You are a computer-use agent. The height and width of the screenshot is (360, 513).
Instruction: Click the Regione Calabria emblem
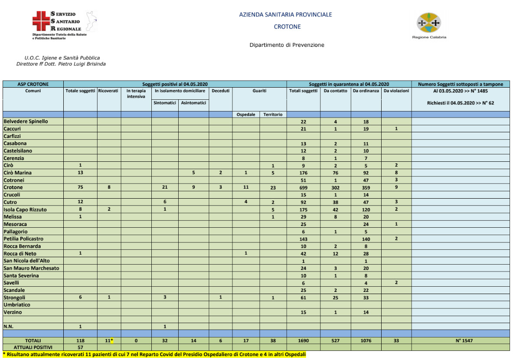[x=429, y=23]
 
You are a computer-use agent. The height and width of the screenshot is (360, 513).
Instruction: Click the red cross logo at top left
[x=41, y=21]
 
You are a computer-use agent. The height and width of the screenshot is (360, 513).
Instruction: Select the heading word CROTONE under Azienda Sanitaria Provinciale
[x=287, y=26]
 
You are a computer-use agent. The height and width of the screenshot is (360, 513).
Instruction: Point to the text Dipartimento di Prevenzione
[x=287, y=45]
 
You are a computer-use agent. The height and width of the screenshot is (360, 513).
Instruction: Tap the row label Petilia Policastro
[x=23, y=239]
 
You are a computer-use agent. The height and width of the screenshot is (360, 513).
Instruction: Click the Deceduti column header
[x=220, y=91]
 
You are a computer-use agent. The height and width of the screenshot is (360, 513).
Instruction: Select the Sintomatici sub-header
[x=165, y=103]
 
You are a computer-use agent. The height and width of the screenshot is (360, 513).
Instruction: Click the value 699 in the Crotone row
[x=303, y=187]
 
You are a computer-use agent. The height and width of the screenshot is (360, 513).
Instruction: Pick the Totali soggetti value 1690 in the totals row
[x=303, y=341]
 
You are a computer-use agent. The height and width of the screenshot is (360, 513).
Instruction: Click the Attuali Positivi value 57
[x=80, y=347]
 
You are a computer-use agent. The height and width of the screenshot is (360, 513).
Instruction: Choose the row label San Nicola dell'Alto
[x=28, y=261]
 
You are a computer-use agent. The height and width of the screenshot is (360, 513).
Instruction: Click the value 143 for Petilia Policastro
[x=303, y=239]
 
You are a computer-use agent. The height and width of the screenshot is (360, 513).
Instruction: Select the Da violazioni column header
[x=396, y=91]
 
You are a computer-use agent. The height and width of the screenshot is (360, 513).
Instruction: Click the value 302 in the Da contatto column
[x=335, y=187]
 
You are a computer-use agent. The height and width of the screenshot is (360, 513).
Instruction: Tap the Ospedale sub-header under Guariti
[x=246, y=115]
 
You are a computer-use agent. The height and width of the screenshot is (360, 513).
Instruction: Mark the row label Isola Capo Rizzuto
[x=25, y=209]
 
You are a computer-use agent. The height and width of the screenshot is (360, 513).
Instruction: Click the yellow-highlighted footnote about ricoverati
[x=154, y=355]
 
